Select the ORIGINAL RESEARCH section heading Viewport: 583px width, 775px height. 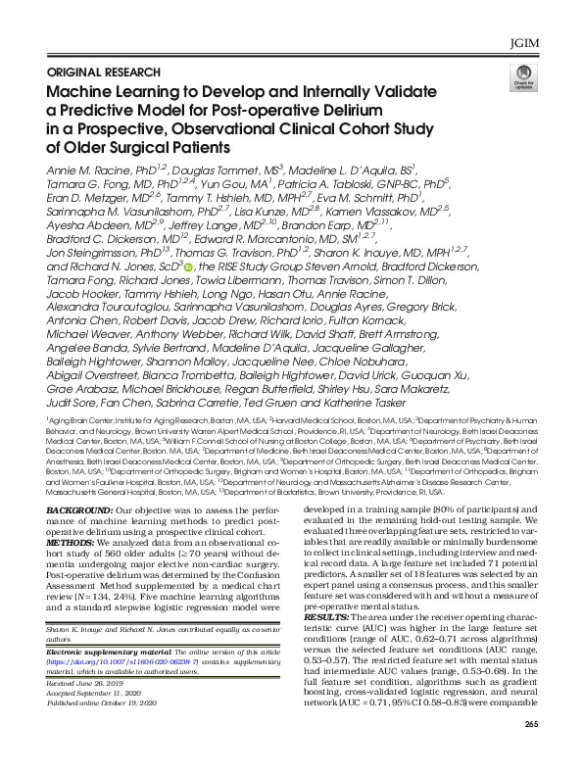[105, 72]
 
